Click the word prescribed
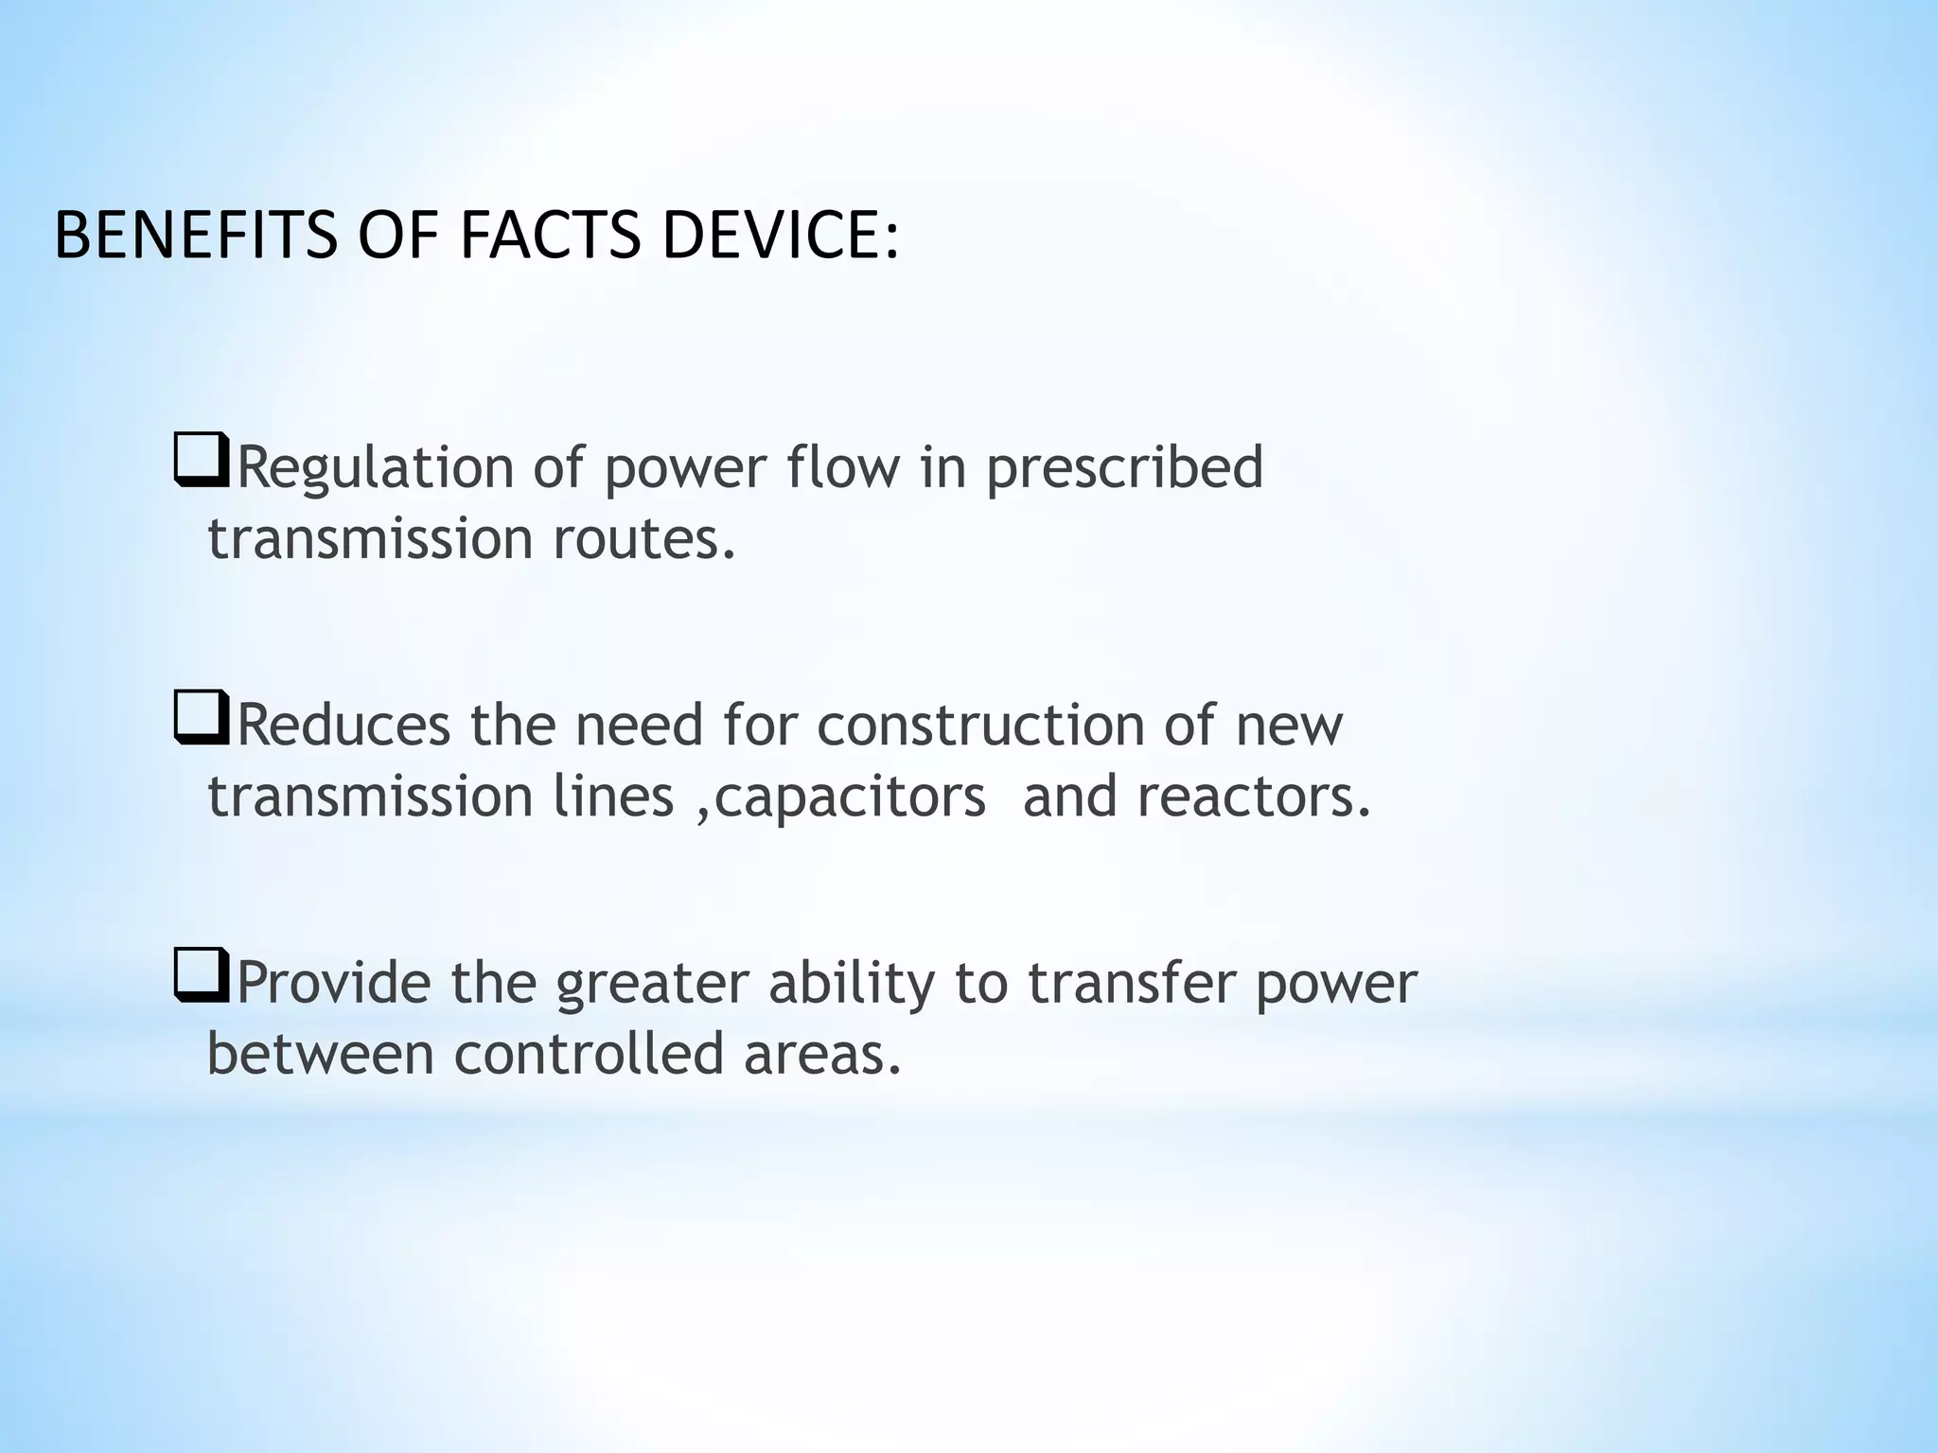[1124, 468]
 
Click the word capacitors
[850, 797]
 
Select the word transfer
[1132, 984]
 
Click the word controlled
[589, 1053]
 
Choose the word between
[320, 1053]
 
